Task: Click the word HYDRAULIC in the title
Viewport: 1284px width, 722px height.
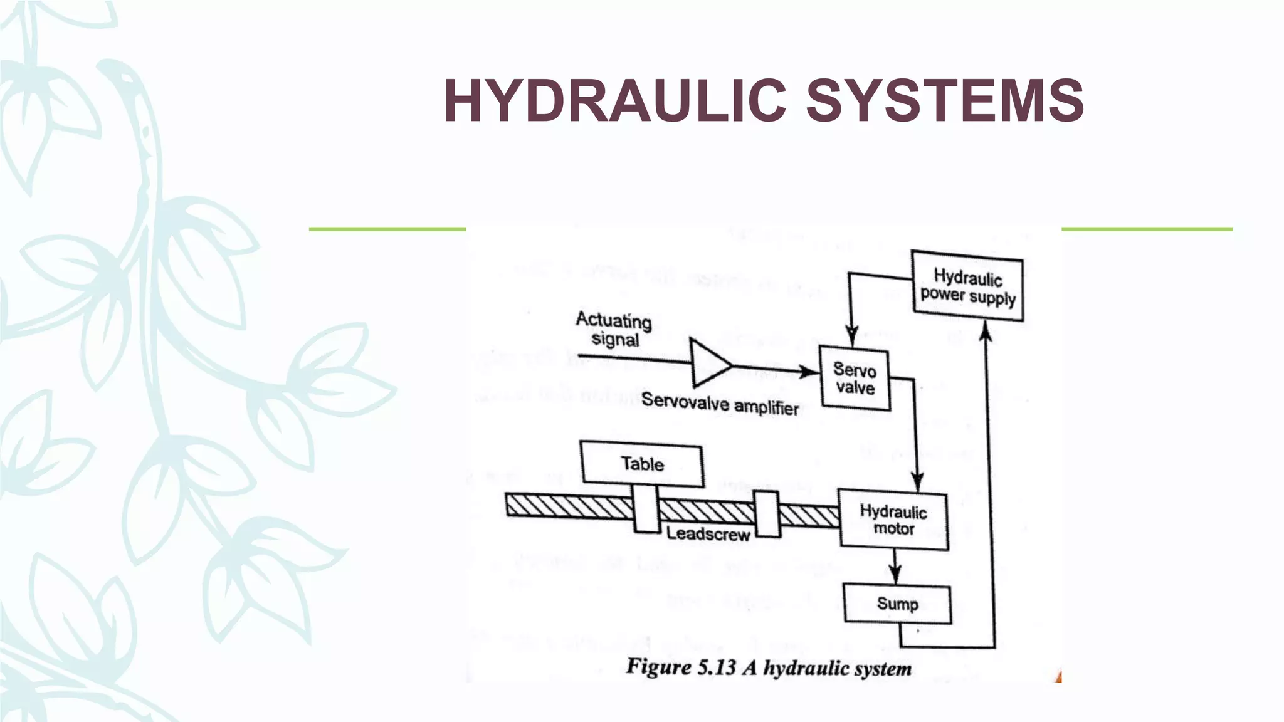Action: tap(614, 100)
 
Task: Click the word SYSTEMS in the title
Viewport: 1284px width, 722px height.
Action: tap(945, 100)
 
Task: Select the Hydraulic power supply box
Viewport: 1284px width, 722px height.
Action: tap(967, 286)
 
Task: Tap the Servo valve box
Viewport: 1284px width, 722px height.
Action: tap(855, 378)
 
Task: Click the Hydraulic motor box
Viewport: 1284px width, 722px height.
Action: tap(893, 520)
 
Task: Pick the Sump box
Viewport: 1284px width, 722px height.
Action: tap(897, 604)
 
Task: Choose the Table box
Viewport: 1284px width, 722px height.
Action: tap(641, 464)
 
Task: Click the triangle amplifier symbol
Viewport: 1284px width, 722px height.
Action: tap(708, 363)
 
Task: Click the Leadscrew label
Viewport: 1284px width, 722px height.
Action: tap(708, 535)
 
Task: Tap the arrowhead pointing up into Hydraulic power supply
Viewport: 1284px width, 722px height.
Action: tap(986, 331)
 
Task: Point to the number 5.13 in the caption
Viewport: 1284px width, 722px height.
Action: tap(715, 667)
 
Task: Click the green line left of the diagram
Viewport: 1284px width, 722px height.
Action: tap(387, 229)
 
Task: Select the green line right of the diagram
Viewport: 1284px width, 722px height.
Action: tap(1147, 229)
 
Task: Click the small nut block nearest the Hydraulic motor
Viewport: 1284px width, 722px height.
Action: tap(767, 515)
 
